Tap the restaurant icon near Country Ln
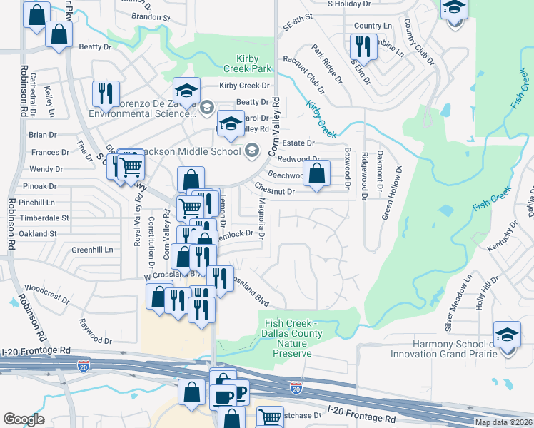(x=363, y=46)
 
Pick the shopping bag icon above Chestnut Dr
(x=316, y=172)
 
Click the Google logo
(x=24, y=419)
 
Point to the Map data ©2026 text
(x=503, y=422)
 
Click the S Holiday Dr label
(x=349, y=4)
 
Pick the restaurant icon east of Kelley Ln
(x=104, y=93)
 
